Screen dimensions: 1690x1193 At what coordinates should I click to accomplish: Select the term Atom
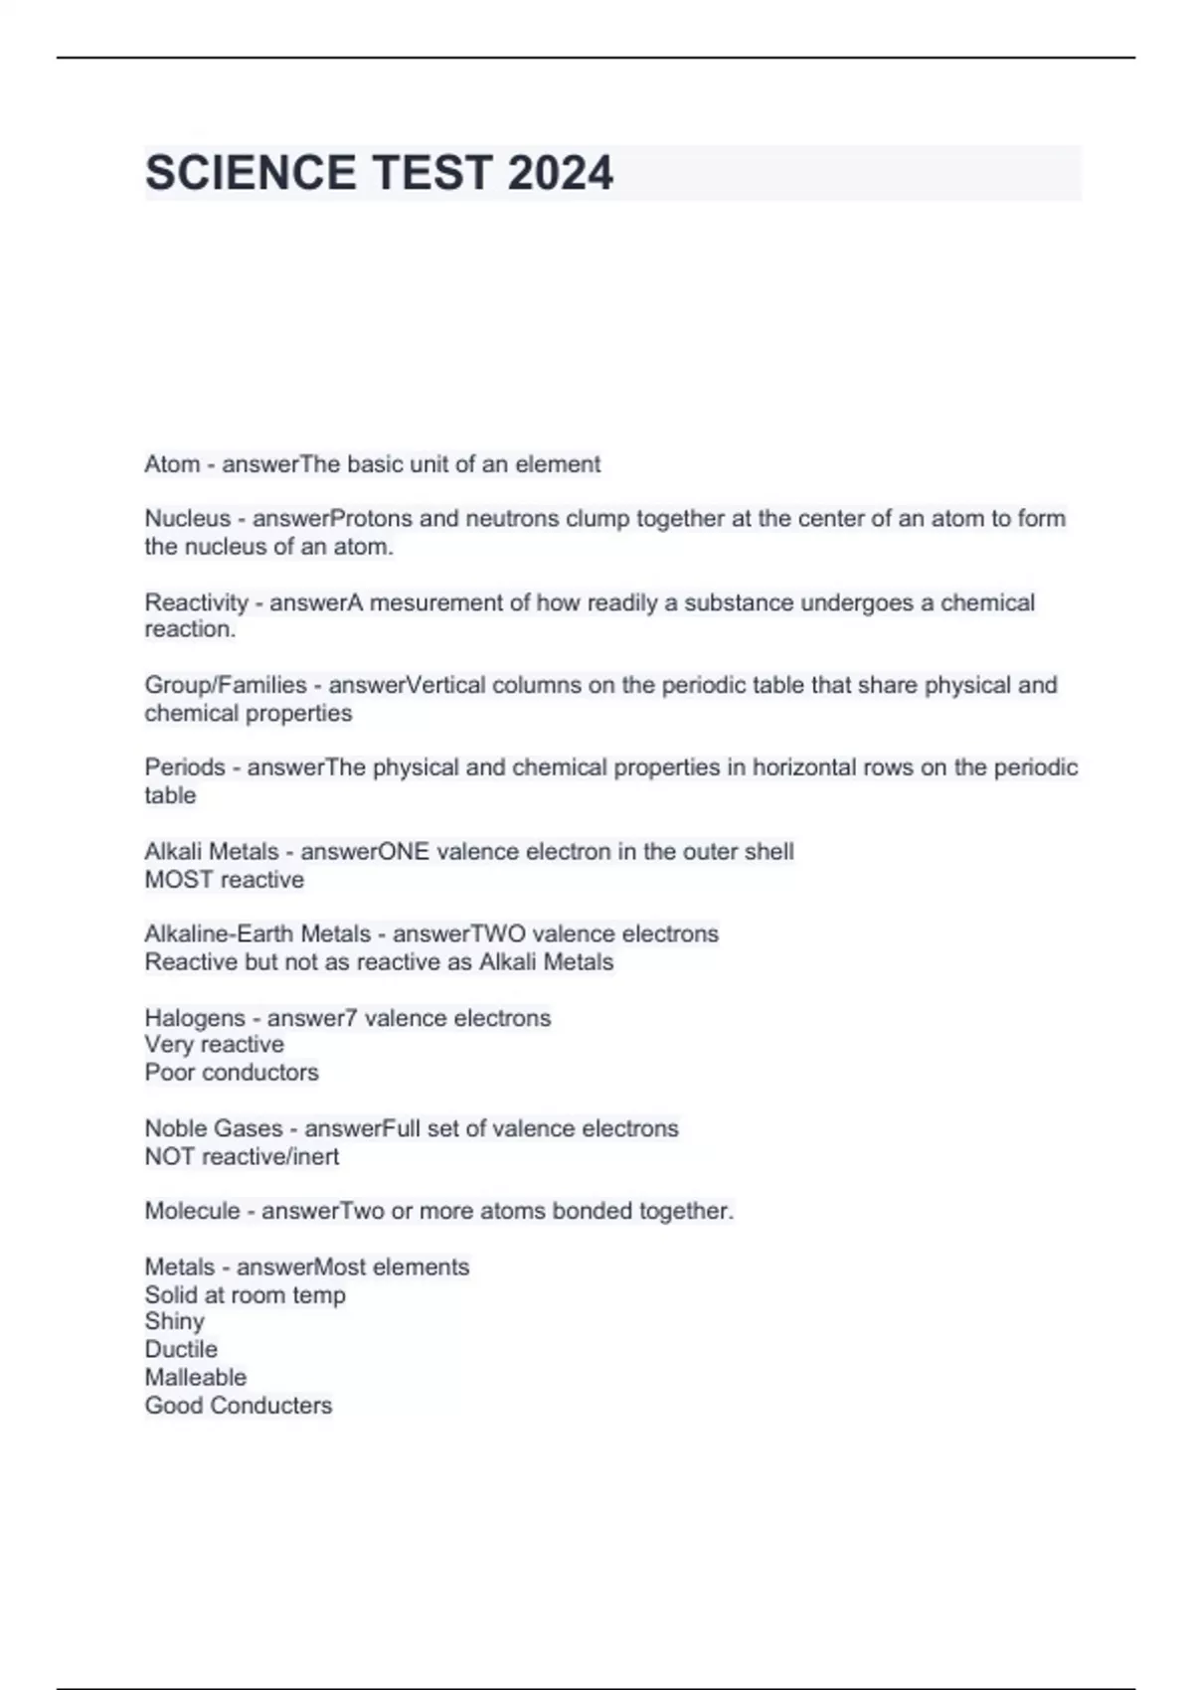172,464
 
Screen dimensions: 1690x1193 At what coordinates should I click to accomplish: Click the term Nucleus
188,518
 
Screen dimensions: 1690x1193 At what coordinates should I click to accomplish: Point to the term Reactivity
196,602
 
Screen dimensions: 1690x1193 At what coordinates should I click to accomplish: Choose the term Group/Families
226,685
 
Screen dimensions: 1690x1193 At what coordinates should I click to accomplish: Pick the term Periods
185,767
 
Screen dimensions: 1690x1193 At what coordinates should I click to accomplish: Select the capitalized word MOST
179,880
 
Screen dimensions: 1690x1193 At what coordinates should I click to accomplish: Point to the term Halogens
194,1018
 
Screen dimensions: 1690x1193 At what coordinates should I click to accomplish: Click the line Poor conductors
232,1073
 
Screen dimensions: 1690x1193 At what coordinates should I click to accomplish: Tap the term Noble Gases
213,1128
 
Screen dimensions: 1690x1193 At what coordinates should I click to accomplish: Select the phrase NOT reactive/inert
242,1156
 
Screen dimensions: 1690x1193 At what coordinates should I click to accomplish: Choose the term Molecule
192,1211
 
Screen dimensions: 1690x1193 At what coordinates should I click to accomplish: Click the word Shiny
174,1321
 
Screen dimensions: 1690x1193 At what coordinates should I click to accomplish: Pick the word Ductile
181,1349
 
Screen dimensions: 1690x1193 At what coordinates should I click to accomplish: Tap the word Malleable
195,1377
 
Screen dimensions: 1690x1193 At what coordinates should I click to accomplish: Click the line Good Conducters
238,1406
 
